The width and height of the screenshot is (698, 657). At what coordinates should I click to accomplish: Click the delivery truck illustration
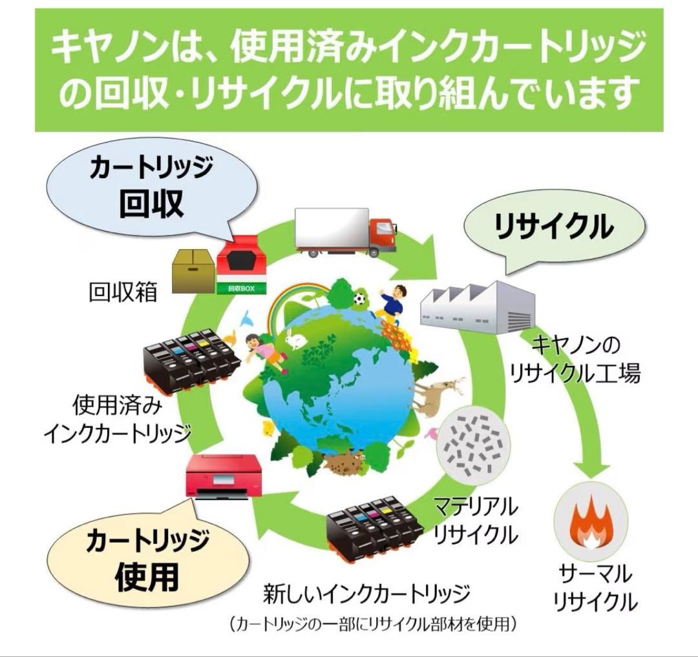click(x=345, y=232)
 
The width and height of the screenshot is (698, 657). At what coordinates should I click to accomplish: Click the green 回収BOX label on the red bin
click(x=242, y=288)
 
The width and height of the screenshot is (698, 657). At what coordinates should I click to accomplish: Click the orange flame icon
click(x=591, y=522)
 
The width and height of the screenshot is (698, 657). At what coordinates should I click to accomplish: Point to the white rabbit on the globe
click(x=295, y=339)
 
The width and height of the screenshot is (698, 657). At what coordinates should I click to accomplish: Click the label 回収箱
click(x=123, y=292)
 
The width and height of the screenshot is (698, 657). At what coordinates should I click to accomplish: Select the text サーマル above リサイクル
click(x=595, y=574)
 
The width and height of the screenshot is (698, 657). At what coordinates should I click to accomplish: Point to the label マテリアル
click(x=476, y=507)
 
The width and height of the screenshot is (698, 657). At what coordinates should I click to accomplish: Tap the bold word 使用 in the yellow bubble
click(x=147, y=576)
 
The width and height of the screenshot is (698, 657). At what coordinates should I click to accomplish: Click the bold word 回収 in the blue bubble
click(x=151, y=202)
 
